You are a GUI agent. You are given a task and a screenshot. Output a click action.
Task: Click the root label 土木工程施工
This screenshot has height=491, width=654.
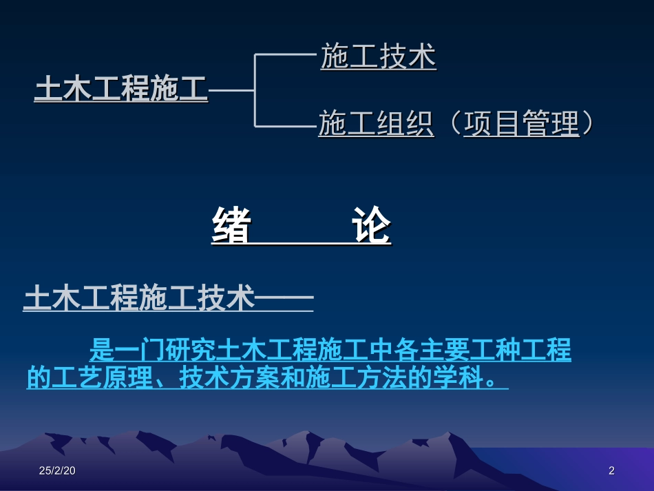(120, 90)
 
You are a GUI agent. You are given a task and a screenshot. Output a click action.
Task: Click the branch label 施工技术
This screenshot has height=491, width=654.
(378, 56)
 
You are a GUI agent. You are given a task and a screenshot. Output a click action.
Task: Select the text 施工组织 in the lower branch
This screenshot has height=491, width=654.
(376, 124)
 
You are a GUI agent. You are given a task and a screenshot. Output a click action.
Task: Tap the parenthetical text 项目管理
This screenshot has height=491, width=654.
(521, 124)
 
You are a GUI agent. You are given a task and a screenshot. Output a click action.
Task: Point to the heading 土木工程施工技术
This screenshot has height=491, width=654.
(138, 299)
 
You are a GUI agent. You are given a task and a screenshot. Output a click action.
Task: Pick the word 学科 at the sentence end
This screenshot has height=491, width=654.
(454, 378)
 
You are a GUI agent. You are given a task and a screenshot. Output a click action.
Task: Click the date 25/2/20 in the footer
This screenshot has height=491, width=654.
(59, 470)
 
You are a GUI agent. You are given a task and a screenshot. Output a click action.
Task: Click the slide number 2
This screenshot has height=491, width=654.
(611, 470)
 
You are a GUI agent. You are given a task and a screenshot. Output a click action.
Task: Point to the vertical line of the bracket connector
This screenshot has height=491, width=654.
(255, 90)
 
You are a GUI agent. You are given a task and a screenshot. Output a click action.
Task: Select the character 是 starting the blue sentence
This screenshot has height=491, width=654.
(101, 351)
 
